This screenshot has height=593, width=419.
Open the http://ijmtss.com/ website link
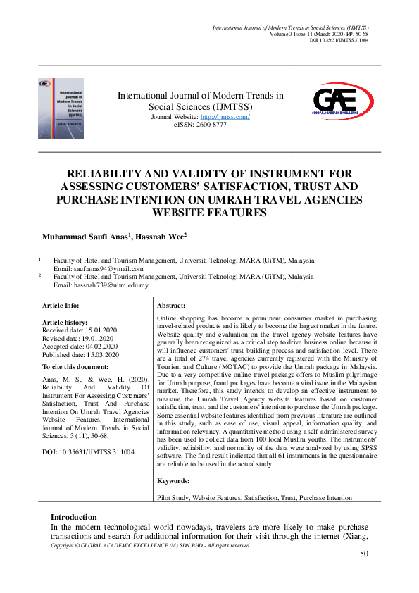click(x=225, y=117)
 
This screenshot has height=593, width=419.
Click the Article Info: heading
click(x=61, y=305)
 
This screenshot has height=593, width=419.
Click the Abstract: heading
click(x=171, y=305)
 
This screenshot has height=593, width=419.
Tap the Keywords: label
click(x=174, y=480)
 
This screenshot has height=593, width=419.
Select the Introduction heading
click(x=74, y=516)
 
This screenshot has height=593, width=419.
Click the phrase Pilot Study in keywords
click(x=174, y=497)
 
